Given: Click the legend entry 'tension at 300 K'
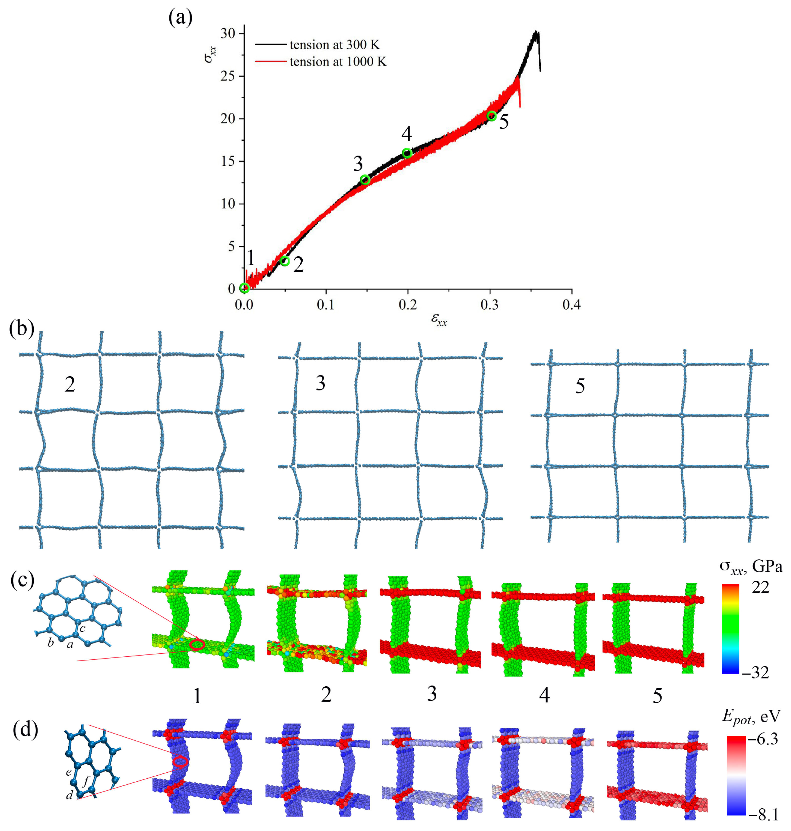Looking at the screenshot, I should tap(334, 45).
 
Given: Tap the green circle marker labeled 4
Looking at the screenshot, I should tap(407, 153).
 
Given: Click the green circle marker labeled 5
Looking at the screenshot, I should tap(492, 116).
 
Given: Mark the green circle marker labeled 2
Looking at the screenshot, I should tap(285, 261).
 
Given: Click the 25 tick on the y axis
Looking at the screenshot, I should tap(228, 76).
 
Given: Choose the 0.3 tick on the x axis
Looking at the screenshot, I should tap(490, 305).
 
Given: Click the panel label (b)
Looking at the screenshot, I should tap(22, 329).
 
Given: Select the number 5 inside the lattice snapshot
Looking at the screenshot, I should tap(580, 386).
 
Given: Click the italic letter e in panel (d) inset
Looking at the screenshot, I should tap(68, 772).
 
